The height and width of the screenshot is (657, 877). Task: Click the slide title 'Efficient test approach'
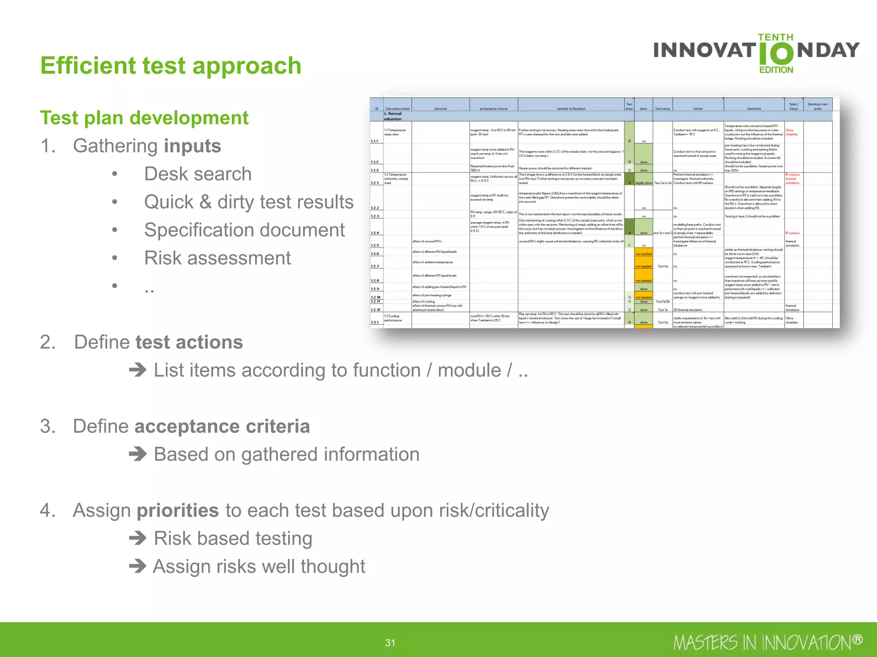pos(170,66)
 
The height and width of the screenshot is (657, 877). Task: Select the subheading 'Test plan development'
pos(144,118)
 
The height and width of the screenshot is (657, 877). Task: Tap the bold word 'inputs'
pos(192,146)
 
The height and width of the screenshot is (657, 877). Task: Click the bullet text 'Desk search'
pos(197,174)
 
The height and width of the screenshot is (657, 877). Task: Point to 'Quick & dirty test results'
pos(248,202)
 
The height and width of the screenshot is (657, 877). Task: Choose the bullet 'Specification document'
pos(244,230)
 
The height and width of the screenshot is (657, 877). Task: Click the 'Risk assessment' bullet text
pos(217,258)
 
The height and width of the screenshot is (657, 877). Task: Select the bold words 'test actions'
pos(189,342)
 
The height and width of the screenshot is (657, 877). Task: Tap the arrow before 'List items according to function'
pos(138,370)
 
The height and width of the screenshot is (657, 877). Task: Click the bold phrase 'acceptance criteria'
pos(222,426)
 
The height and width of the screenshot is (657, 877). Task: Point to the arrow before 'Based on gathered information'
pos(138,454)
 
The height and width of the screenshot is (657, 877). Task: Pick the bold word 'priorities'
pos(178,511)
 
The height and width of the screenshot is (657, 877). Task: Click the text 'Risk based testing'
pos(233,539)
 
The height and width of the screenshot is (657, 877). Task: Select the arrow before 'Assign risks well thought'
pos(138,566)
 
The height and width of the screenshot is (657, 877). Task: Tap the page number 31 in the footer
pos(390,642)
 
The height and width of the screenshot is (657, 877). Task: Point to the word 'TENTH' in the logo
pos(776,37)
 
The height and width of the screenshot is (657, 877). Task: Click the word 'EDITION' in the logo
pos(776,70)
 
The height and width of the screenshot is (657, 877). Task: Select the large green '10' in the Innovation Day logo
pos(776,53)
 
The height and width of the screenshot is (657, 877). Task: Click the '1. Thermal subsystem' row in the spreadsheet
pos(393,116)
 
